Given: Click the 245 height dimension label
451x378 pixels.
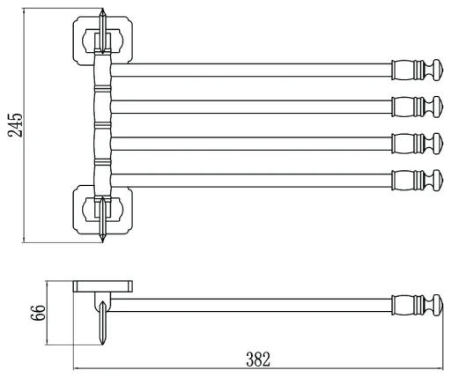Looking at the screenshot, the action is [15, 124].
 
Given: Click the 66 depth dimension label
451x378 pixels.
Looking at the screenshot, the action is [39, 313].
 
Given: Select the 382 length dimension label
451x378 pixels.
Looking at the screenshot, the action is [258, 359].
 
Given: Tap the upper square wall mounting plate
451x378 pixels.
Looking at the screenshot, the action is [102, 41].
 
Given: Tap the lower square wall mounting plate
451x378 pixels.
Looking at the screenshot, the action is [102, 210].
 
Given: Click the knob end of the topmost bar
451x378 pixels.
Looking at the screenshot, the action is [417, 70].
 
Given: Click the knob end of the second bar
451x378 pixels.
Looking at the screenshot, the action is [417, 107].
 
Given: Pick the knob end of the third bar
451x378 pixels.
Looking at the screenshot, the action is [417, 144].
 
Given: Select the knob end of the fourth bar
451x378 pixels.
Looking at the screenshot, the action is [417, 181].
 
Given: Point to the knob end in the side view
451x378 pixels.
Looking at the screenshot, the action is [417, 305].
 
